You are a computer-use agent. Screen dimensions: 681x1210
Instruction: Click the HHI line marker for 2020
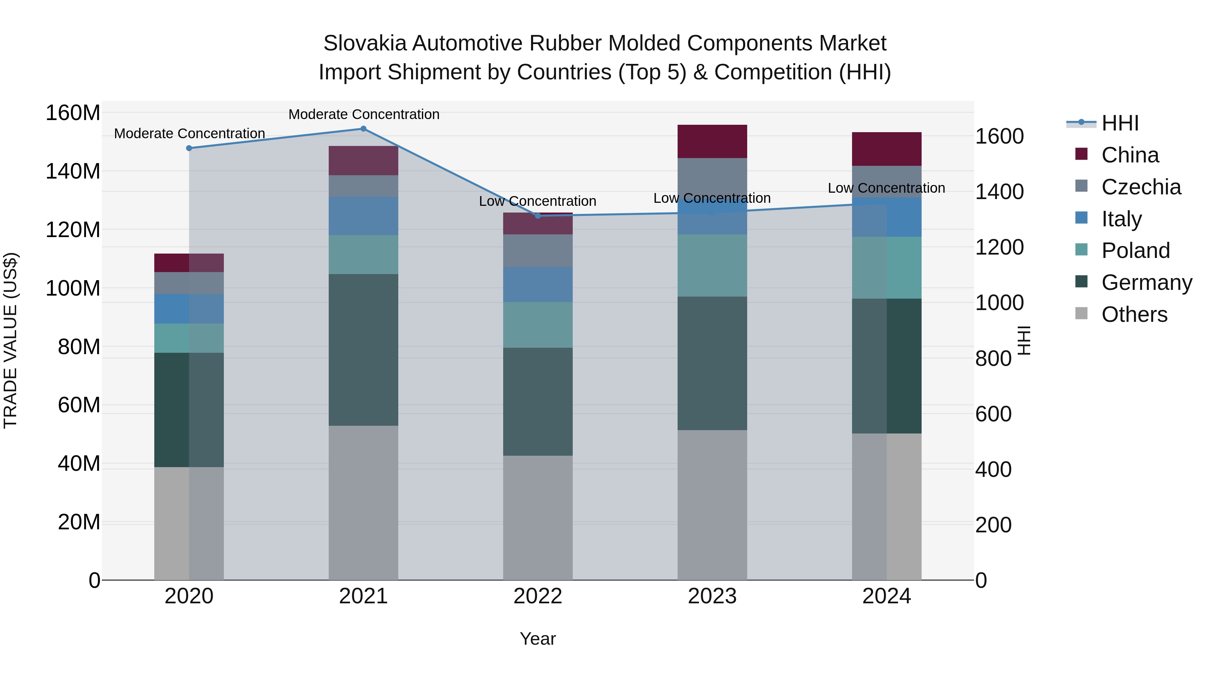pos(189,148)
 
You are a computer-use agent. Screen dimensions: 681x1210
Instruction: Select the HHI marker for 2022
pos(538,216)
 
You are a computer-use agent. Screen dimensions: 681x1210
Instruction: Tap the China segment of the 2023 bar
pos(712,142)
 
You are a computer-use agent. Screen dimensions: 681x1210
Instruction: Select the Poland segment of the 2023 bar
pos(712,266)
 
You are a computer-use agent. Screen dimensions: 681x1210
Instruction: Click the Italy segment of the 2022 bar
pos(538,285)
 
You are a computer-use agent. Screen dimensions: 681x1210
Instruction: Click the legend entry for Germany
pos(1146,282)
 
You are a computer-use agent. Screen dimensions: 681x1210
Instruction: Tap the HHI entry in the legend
pos(1120,123)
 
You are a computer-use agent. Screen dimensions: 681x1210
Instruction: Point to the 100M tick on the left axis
pos(73,288)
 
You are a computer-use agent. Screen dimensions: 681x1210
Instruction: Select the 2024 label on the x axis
pos(886,596)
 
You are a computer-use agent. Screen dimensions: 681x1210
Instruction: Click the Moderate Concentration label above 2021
pos(364,114)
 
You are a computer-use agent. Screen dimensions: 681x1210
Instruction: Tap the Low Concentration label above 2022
pos(537,201)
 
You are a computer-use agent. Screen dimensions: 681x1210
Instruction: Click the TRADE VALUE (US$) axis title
pos(10,340)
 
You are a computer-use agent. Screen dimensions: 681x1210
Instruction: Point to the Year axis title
pos(537,639)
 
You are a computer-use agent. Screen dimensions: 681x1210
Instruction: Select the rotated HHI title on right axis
pos(1024,340)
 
